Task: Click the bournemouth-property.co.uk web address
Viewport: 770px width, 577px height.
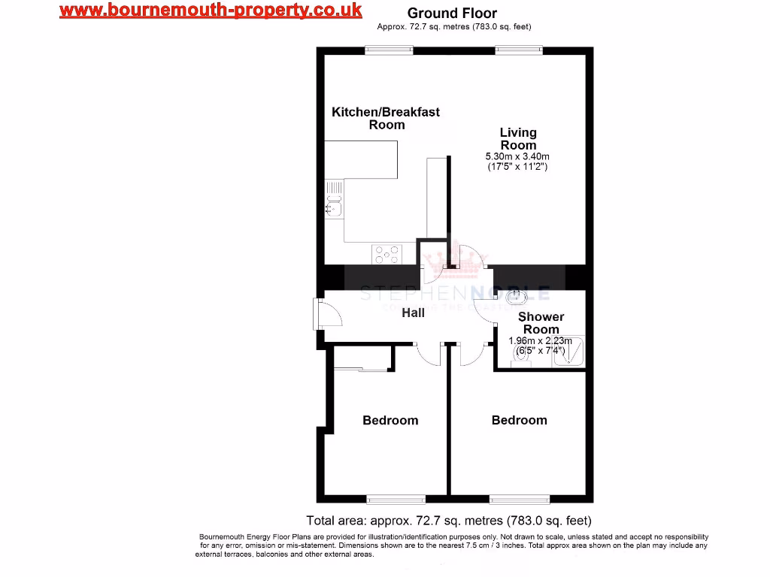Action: [x=211, y=11]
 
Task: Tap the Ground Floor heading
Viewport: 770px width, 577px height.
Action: [x=452, y=13]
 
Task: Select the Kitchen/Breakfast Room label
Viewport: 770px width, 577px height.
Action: [x=386, y=118]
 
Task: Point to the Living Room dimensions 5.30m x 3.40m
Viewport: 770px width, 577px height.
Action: [x=517, y=156]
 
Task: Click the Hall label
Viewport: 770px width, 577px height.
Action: [x=413, y=313]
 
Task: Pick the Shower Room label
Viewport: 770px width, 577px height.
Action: [x=541, y=323]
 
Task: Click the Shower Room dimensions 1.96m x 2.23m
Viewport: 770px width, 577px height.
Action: [x=541, y=340]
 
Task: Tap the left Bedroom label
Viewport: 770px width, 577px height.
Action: [x=390, y=420]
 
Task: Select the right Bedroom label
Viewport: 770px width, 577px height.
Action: [x=519, y=420]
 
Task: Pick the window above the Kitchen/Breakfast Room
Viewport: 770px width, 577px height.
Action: [x=384, y=50]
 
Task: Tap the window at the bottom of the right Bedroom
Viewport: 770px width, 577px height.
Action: [x=518, y=499]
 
